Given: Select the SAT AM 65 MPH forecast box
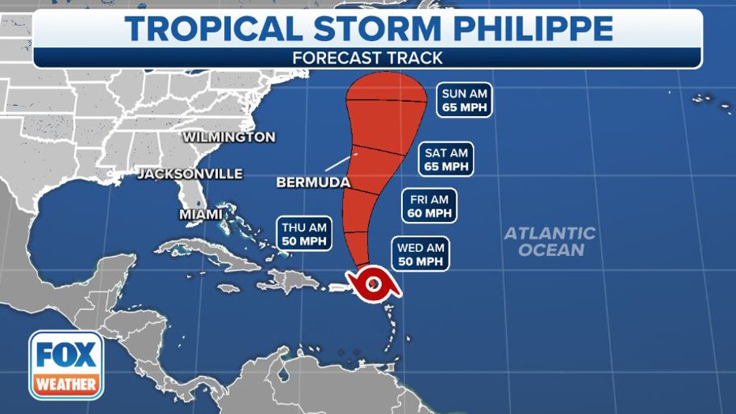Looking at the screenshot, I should [x=446, y=160].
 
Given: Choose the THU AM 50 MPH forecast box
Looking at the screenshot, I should [x=304, y=235].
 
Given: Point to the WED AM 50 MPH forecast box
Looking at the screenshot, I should [x=421, y=255].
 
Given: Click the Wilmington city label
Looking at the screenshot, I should [x=229, y=137].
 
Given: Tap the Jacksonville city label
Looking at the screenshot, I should [x=190, y=174].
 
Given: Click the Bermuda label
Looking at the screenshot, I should [x=313, y=183].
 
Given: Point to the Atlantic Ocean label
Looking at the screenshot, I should [x=550, y=242].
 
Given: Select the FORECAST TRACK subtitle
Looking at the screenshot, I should [x=367, y=58].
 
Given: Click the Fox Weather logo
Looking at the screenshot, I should [x=66, y=365].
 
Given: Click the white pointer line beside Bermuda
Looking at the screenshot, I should [x=339, y=163].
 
